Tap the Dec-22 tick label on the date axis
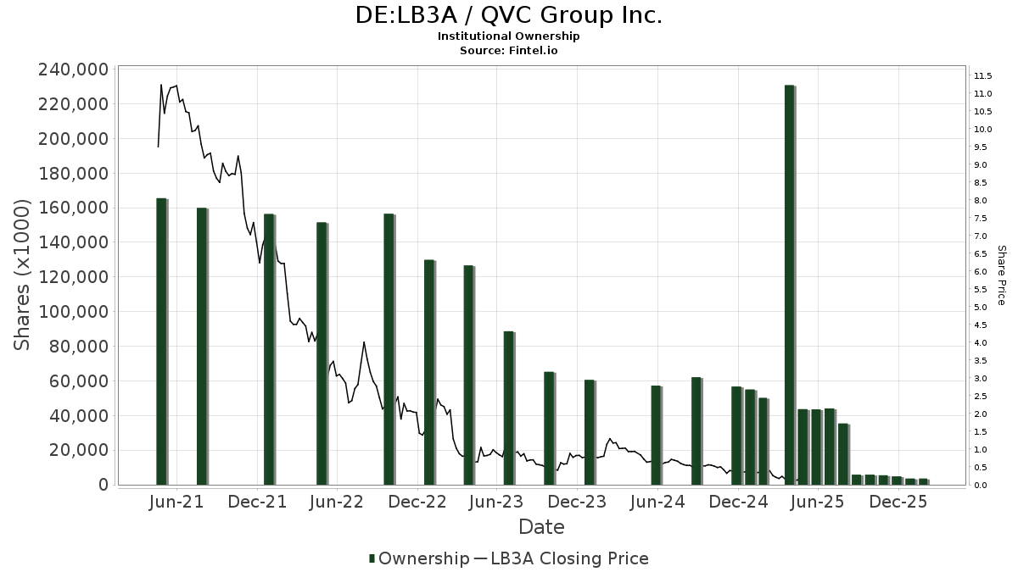(x=417, y=502)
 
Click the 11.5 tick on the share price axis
(x=983, y=76)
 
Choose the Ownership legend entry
(x=419, y=558)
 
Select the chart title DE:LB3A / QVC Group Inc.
(x=508, y=15)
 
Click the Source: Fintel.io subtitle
(x=508, y=50)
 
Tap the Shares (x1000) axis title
(x=23, y=275)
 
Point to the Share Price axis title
(x=1001, y=275)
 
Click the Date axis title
(x=541, y=527)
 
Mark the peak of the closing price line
(x=161, y=85)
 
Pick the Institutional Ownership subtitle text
(x=508, y=36)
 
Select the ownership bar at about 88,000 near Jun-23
(x=509, y=408)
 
